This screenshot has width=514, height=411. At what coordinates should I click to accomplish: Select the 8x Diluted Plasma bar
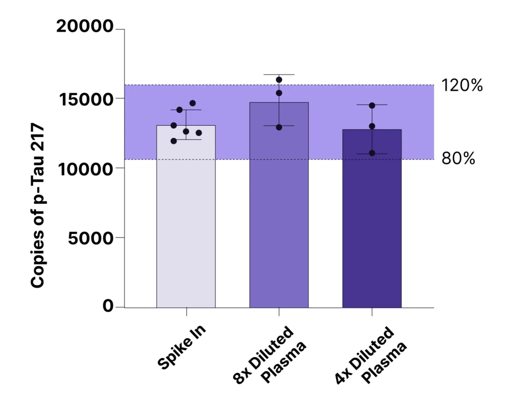(x=279, y=211)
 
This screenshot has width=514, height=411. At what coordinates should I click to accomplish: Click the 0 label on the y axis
(x=108, y=306)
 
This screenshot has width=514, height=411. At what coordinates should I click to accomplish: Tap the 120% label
(x=462, y=86)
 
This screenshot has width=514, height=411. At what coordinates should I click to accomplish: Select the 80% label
(x=458, y=159)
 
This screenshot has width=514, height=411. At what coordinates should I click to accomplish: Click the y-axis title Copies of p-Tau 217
(x=38, y=207)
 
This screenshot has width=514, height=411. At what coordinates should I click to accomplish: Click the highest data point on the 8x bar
(x=279, y=80)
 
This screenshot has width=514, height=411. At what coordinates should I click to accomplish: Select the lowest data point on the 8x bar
(x=279, y=127)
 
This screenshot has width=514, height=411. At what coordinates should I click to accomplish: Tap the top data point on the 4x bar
(x=372, y=105)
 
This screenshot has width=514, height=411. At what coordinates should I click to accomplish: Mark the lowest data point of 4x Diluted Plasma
(x=372, y=153)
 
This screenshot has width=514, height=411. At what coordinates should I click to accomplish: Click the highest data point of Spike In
(x=193, y=103)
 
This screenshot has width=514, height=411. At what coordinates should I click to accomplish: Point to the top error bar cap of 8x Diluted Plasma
(x=279, y=75)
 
